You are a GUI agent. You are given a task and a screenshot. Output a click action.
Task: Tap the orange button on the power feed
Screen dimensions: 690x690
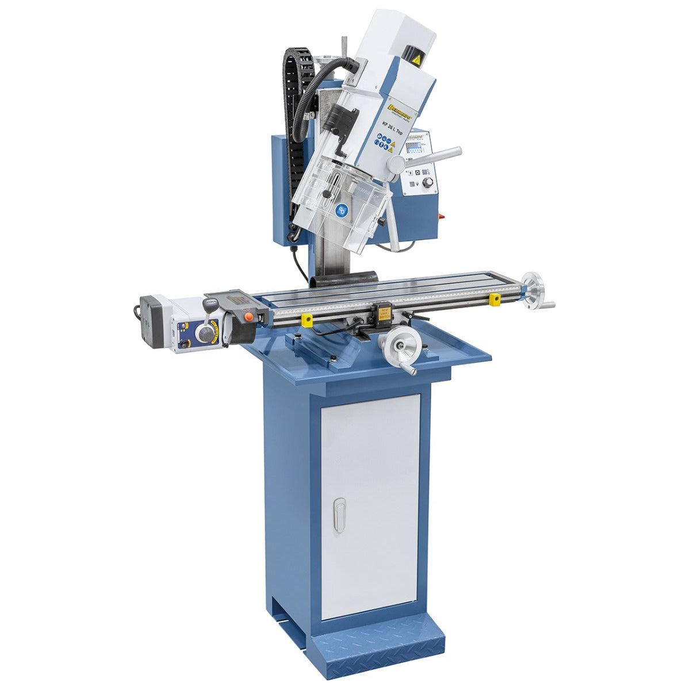(x=248, y=315)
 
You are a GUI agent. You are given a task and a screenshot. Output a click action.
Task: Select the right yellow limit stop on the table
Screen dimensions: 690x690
(x=494, y=300)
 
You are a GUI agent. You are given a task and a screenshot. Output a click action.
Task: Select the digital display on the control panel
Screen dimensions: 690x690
(x=415, y=151)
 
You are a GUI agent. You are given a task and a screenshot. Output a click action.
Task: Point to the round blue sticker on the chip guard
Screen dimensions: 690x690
(x=342, y=210)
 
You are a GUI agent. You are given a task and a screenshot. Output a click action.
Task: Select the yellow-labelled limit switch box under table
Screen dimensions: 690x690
(x=383, y=315)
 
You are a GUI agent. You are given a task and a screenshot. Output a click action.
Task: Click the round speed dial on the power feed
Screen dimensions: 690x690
(x=205, y=332)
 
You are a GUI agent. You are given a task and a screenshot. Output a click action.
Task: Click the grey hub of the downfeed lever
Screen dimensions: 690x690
(x=396, y=164)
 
